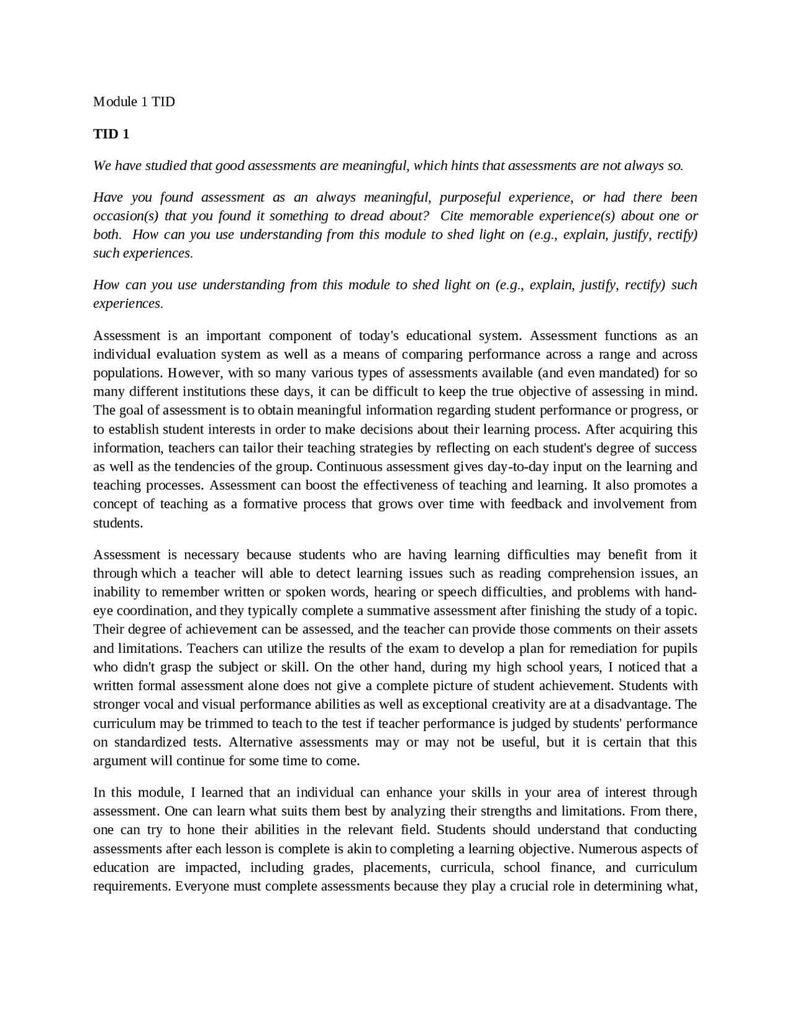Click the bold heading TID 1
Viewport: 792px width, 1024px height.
tap(111, 134)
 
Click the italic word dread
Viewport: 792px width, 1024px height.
tap(367, 216)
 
